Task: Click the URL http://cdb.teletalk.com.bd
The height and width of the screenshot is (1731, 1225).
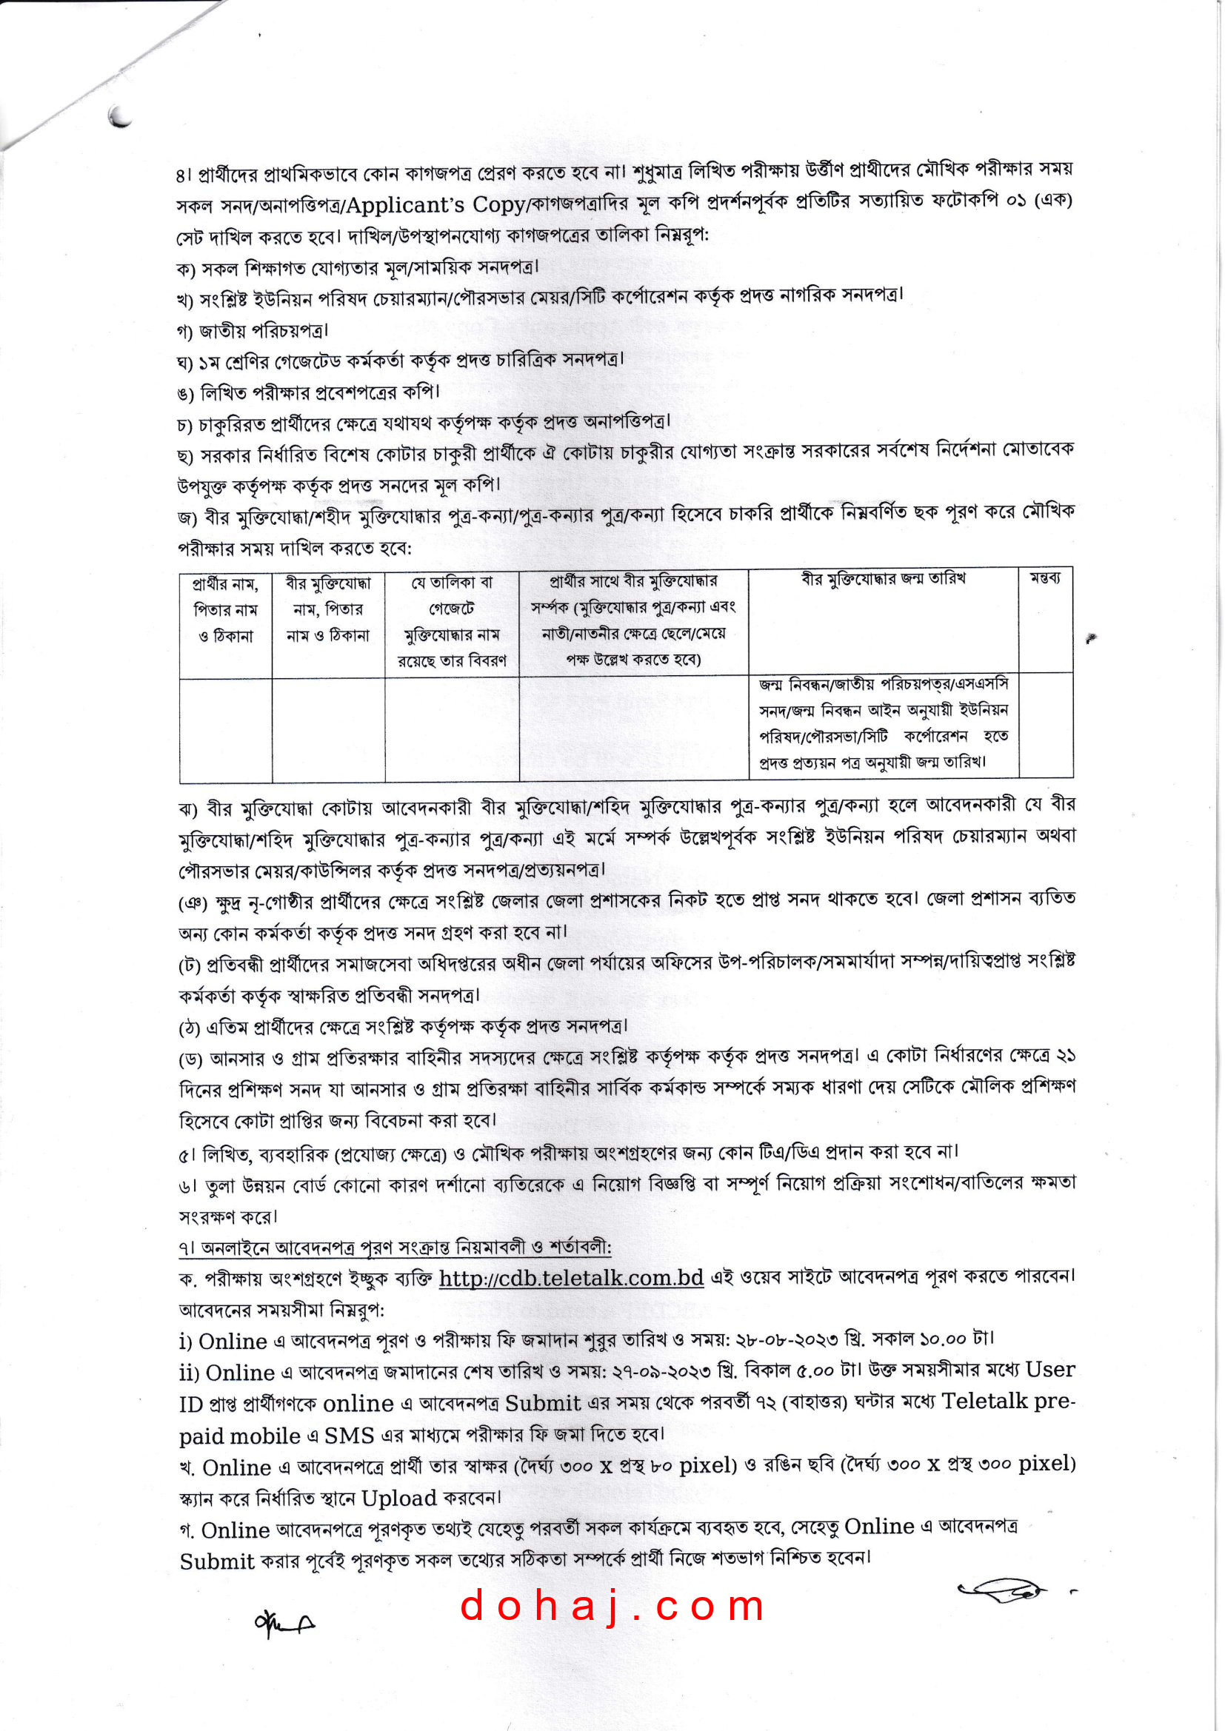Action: (571, 1277)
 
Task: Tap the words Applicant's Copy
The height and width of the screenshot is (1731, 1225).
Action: (435, 204)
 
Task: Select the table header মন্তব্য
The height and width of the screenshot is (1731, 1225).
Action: (1045, 578)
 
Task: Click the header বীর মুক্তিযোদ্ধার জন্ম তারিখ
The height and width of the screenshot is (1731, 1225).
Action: (883, 579)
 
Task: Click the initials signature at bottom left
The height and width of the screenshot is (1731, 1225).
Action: (284, 1622)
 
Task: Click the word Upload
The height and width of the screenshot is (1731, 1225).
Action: (399, 1498)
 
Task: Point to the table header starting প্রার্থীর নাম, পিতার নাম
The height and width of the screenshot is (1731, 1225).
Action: (226, 609)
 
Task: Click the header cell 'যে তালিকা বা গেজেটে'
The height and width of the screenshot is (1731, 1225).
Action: (452, 621)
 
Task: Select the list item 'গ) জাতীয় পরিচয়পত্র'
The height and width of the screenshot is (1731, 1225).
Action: (253, 330)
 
